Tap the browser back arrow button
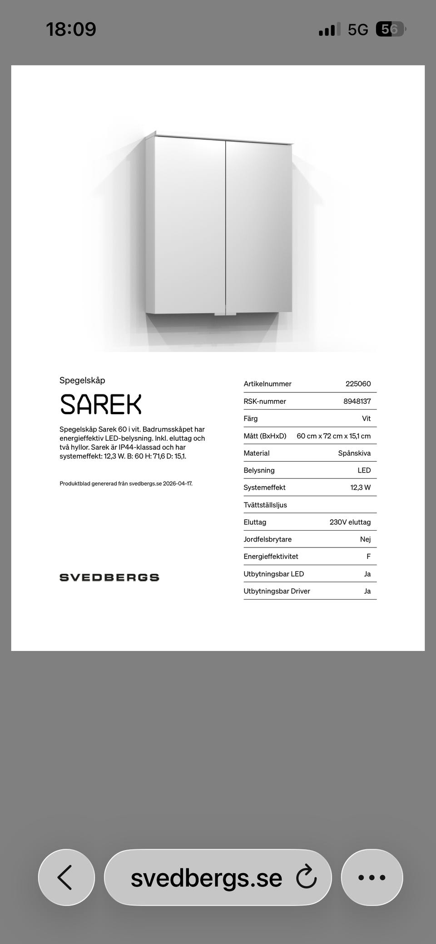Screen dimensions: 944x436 tap(66, 877)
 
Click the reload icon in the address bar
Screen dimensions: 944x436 tap(306, 877)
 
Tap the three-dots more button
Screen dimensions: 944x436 tap(372, 877)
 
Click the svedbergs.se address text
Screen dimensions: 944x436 tap(206, 878)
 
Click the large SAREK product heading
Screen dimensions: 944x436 tap(101, 404)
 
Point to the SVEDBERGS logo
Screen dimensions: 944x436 tap(109, 577)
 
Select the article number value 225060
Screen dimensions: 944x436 tap(358, 384)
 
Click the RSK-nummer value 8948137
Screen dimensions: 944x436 tap(357, 401)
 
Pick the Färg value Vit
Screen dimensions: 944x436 tap(366, 418)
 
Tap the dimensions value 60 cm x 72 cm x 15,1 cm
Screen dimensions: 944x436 tap(333, 436)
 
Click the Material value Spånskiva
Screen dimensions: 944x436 tap(354, 453)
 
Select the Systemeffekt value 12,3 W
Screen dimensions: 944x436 tap(360, 487)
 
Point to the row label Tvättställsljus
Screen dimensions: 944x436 tap(265, 505)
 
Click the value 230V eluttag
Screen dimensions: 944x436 tap(350, 522)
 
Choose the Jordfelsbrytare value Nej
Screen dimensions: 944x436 tap(365, 539)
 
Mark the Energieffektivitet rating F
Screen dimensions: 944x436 tap(368, 556)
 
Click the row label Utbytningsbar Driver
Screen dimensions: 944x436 tap(277, 591)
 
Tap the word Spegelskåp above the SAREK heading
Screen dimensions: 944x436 tap(82, 380)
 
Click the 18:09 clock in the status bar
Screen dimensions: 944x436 tap(71, 30)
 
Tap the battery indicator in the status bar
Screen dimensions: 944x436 tap(390, 30)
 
